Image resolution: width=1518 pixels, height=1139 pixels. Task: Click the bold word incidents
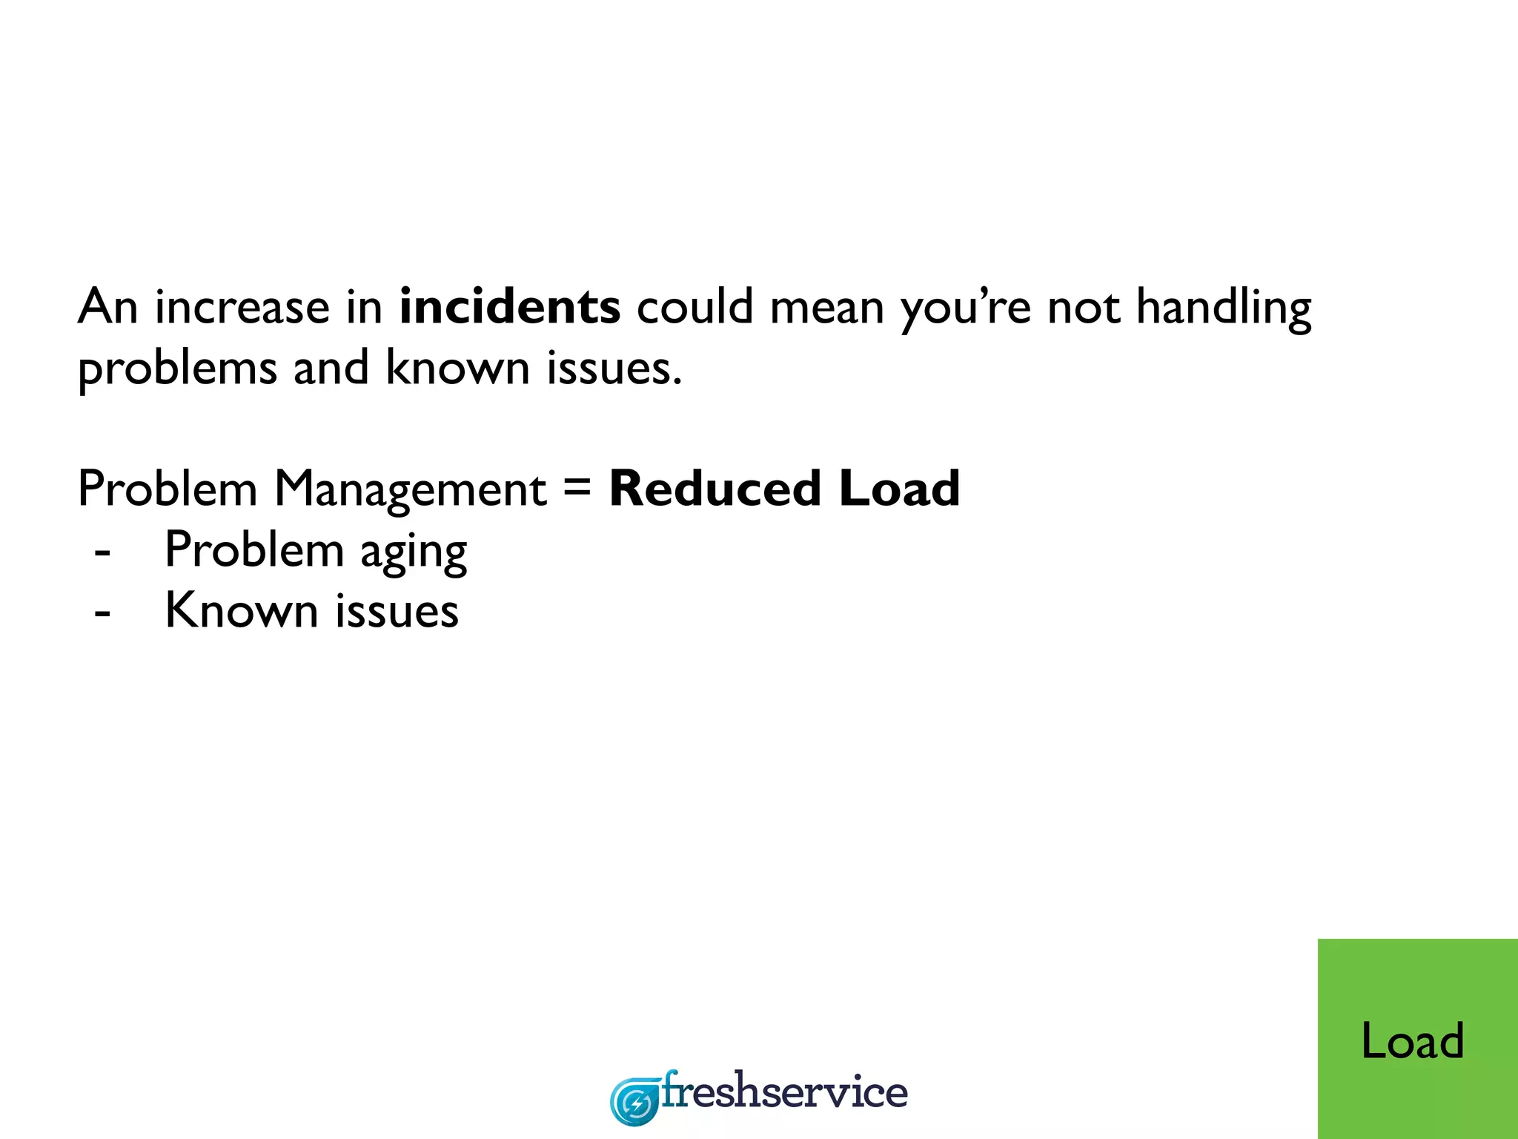click(x=509, y=307)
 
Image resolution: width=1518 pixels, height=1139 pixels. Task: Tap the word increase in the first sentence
click(x=242, y=307)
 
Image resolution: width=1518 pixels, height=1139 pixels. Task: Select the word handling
click(x=1223, y=307)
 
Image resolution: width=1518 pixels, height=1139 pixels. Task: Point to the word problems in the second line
click(x=177, y=369)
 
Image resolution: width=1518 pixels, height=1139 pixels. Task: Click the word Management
click(x=410, y=489)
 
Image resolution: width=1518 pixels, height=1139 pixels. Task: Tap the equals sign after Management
click(x=577, y=488)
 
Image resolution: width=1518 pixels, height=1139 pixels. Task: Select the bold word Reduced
click(x=715, y=489)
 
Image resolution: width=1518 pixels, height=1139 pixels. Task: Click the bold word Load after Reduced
click(x=899, y=489)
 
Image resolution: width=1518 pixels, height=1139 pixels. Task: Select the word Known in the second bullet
click(x=241, y=611)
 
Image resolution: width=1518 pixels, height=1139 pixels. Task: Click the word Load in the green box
click(x=1412, y=1040)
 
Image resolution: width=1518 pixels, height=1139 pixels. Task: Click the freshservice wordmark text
click(x=784, y=1092)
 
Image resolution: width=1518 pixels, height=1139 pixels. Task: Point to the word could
click(x=695, y=307)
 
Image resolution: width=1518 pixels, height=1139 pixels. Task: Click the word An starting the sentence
click(x=108, y=307)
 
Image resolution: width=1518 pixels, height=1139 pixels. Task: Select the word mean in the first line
click(x=826, y=307)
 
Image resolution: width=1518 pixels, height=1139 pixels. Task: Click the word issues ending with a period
click(x=614, y=369)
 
